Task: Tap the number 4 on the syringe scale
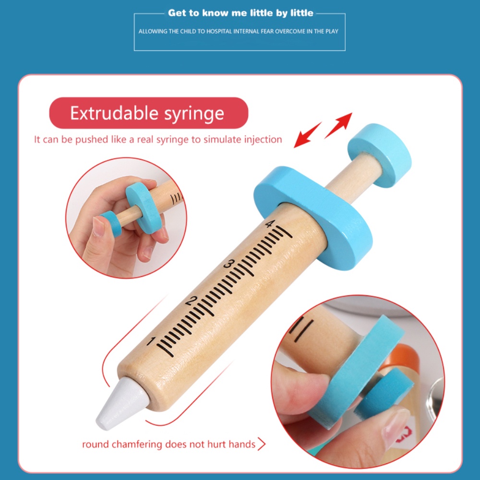[269, 224]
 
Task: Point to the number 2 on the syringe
[191, 300]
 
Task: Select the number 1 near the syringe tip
[151, 341]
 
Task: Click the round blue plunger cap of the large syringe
[380, 155]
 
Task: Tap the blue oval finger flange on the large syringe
[313, 218]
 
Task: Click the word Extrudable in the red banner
[115, 113]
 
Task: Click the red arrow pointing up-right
[338, 125]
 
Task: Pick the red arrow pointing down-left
[307, 135]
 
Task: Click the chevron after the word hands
[262, 444]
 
